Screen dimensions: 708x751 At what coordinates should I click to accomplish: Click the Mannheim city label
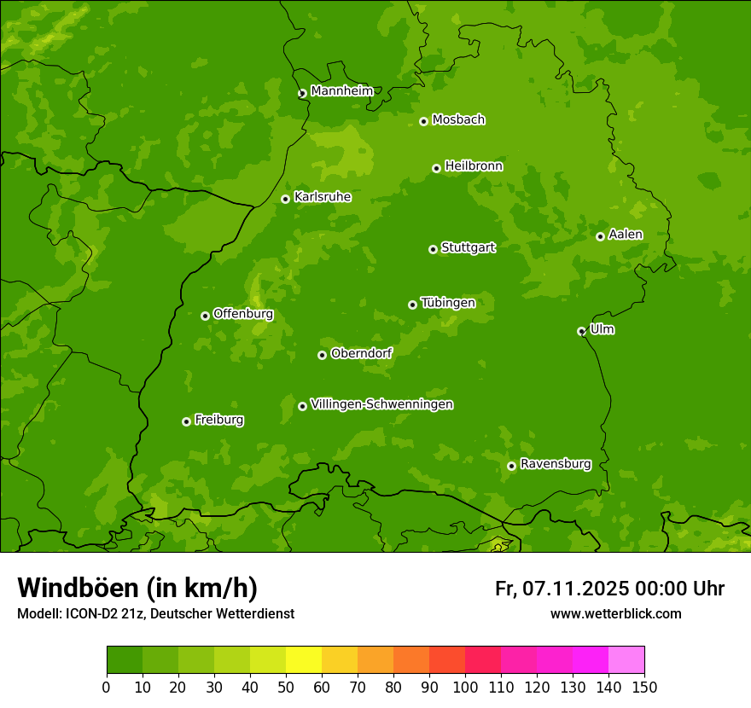point(341,91)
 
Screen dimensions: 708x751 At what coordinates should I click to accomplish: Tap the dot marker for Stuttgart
point(433,249)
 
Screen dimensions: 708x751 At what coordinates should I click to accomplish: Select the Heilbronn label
point(474,166)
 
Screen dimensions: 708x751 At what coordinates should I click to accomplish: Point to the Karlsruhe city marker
point(285,199)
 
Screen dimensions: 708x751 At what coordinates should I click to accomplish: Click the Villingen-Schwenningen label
point(381,404)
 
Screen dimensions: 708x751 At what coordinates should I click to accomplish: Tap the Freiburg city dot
point(186,421)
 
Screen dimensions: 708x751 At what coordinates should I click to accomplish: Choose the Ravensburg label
point(556,464)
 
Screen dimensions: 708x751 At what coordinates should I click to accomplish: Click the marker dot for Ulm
point(581,331)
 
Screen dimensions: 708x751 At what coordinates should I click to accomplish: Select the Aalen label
point(626,235)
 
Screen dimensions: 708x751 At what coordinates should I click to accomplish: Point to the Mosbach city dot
point(423,121)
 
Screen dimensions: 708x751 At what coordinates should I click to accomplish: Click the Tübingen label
point(448,303)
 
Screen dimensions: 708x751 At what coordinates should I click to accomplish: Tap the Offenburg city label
point(243,314)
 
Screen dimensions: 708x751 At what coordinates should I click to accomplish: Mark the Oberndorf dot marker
point(322,355)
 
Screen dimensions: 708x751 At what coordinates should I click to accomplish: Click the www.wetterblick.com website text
point(615,613)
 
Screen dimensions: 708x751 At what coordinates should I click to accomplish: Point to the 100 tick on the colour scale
point(465,687)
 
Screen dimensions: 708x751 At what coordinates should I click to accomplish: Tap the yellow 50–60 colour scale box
point(304,660)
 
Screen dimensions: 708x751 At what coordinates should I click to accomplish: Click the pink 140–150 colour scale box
point(626,660)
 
